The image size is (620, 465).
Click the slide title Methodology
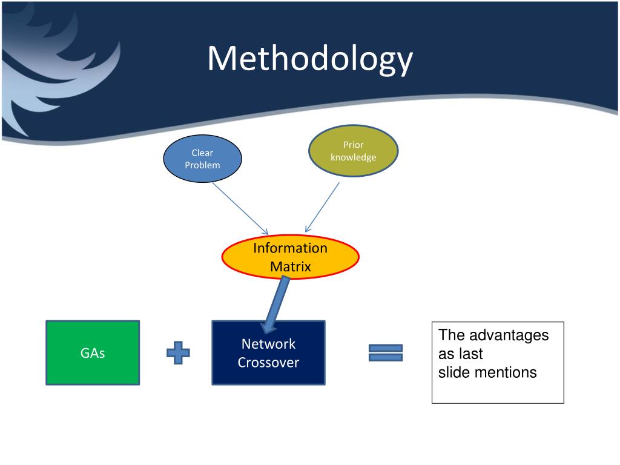(x=310, y=59)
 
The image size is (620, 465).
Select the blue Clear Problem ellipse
(x=202, y=159)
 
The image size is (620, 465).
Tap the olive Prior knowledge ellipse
(x=353, y=151)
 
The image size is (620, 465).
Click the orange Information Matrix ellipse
(x=290, y=257)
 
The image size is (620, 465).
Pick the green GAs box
(x=93, y=353)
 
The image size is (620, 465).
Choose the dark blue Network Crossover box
(x=268, y=353)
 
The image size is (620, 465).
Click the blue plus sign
(x=179, y=352)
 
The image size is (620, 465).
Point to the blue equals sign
(x=386, y=353)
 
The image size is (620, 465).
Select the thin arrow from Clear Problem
(x=240, y=208)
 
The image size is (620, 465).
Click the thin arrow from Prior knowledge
(x=322, y=207)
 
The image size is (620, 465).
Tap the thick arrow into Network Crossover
(x=275, y=305)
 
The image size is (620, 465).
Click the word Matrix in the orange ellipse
(x=291, y=266)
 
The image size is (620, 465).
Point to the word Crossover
(x=268, y=362)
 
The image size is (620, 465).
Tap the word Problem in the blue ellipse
(x=202, y=165)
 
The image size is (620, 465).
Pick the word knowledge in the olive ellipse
(x=353, y=157)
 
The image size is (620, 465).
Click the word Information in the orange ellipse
(x=290, y=248)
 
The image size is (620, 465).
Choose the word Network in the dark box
(x=268, y=344)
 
